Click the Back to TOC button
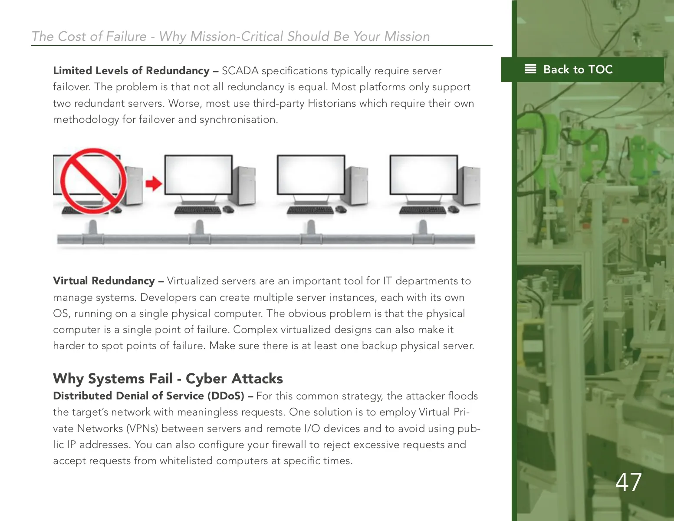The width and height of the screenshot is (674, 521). pos(582,69)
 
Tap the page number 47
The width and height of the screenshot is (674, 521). pos(628,482)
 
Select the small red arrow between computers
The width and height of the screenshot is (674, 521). pos(154,183)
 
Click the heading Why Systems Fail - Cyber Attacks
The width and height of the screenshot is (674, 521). pos(168,379)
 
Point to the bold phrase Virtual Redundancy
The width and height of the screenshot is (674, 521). pos(104,281)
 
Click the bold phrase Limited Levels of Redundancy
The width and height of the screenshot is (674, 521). pos(131,71)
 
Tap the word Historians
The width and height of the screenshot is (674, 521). pos(332,103)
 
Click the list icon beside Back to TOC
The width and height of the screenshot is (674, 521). pos(530,69)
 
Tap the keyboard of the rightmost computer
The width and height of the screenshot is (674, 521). pos(422,210)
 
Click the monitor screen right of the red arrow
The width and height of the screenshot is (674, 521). pos(198,175)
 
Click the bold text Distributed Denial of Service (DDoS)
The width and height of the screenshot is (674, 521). pos(148,396)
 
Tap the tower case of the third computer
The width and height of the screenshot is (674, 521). pos(357,185)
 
